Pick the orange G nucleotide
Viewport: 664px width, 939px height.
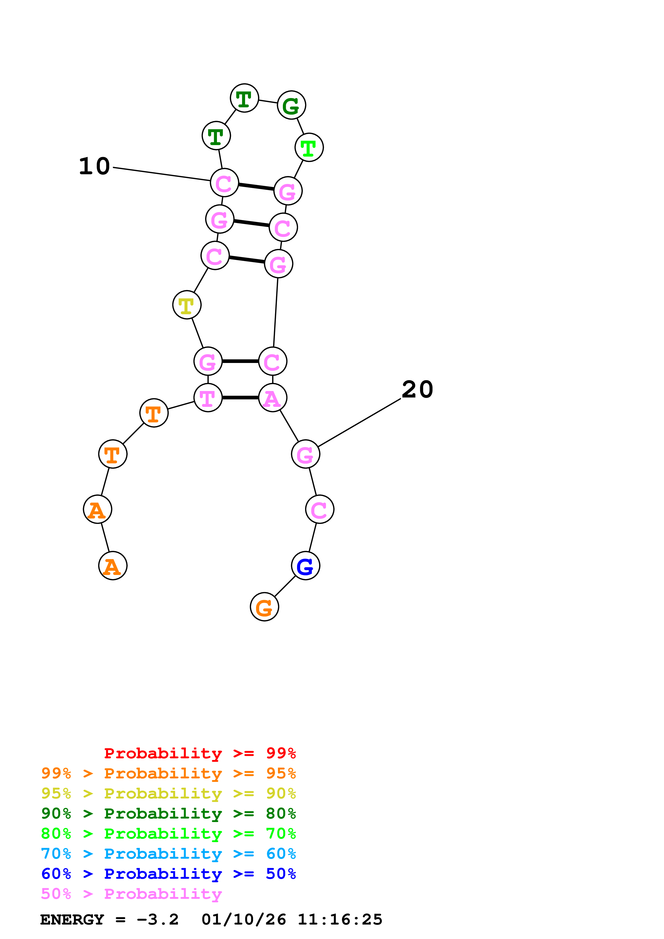click(x=264, y=607)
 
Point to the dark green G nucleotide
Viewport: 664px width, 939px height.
click(x=291, y=105)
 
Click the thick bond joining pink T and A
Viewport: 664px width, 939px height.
click(x=240, y=397)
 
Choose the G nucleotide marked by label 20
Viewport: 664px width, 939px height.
click(x=305, y=454)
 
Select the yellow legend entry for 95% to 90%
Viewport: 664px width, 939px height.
click(x=168, y=793)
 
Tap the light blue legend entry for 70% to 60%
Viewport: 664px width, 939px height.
click(x=168, y=854)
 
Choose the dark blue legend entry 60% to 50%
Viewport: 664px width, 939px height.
click(x=168, y=874)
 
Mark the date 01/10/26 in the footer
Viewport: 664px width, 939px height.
click(x=243, y=919)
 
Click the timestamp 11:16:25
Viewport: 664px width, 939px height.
click(x=340, y=919)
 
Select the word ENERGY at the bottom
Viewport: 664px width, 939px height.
click(x=72, y=919)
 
